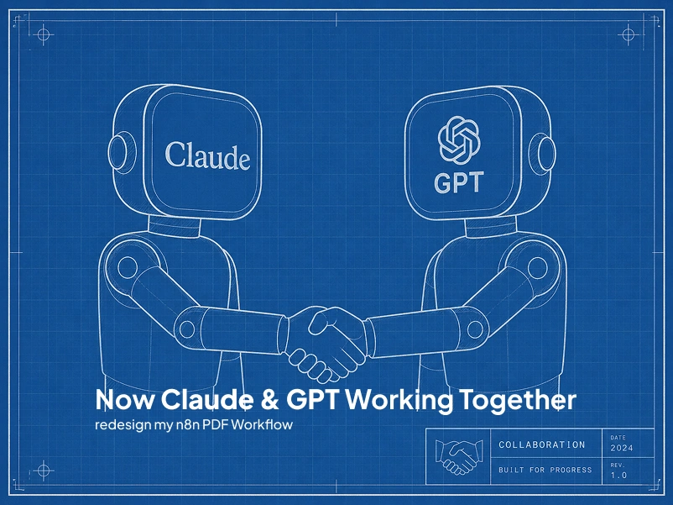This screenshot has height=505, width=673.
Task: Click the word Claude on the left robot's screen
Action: click(x=207, y=155)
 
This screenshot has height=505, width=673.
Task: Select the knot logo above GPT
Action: click(x=458, y=139)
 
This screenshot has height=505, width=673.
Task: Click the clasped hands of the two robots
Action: click(x=327, y=340)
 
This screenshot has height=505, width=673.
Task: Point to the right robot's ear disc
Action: click(x=547, y=152)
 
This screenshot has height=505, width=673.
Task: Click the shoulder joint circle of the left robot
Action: click(x=127, y=268)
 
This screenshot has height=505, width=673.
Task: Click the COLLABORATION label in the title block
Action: click(x=541, y=445)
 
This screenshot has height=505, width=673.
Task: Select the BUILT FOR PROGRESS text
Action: click(x=545, y=470)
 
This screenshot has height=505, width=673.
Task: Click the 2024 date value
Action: click(x=621, y=447)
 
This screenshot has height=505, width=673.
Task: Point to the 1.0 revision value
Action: click(x=618, y=475)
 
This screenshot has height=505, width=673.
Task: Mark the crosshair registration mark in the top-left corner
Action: click(x=44, y=34)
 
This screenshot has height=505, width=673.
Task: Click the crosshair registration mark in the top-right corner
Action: click(x=628, y=34)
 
